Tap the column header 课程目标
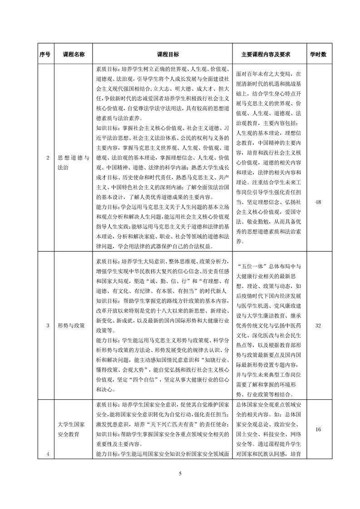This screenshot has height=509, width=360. pos(163,54)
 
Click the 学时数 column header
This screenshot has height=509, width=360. pos(318,54)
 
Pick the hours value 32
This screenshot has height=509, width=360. pos(318,326)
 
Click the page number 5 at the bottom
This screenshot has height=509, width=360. pos(180,474)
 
